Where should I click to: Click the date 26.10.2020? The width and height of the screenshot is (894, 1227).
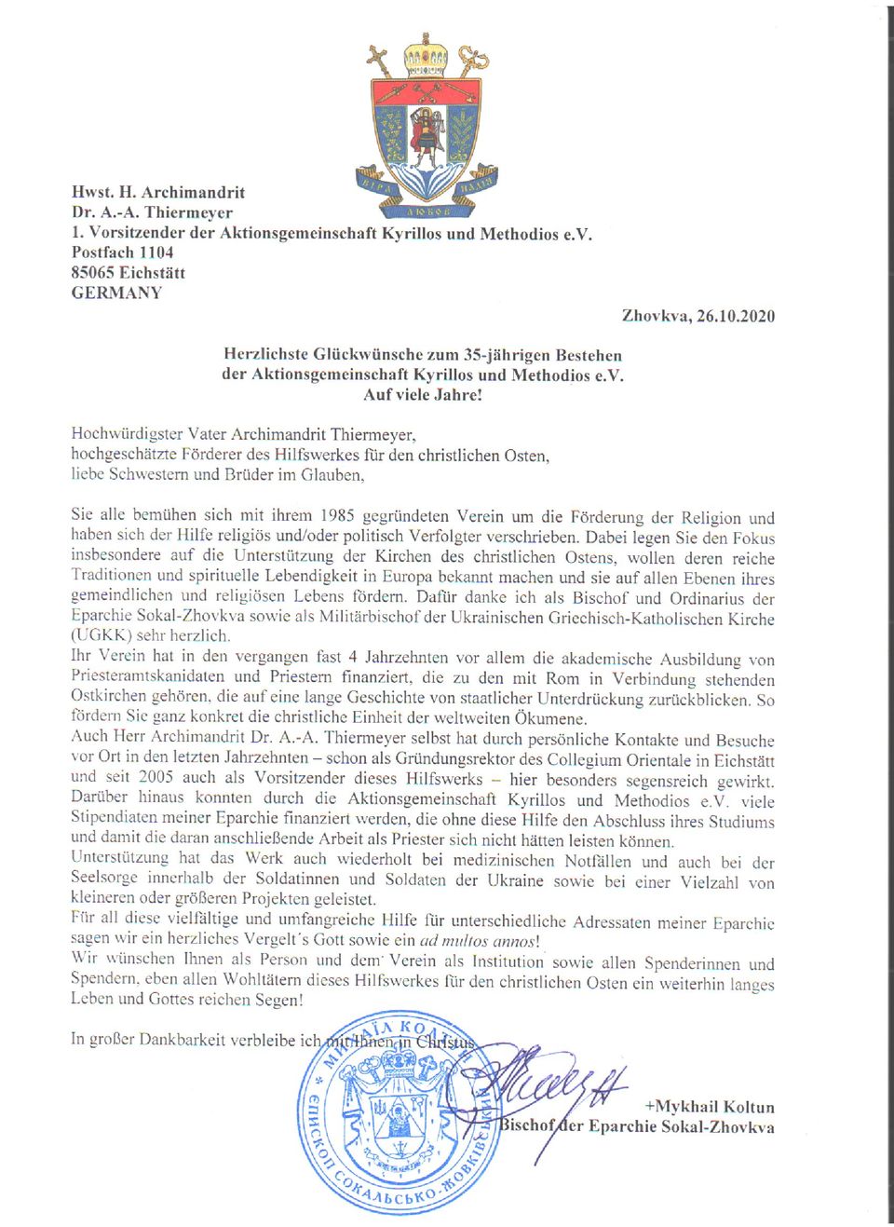coord(736,316)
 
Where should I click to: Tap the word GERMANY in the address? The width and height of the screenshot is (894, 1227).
coord(116,293)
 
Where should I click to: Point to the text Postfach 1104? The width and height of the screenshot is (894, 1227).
coord(122,252)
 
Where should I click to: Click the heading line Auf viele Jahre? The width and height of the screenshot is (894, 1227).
coord(423,394)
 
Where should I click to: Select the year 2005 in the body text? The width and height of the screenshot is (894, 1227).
coord(156,777)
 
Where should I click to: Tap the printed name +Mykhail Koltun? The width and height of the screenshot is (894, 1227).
coord(710,1107)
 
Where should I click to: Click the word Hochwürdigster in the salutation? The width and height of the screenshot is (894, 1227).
coord(128,434)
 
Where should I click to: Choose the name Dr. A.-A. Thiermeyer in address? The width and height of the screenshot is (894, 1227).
coord(152,212)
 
